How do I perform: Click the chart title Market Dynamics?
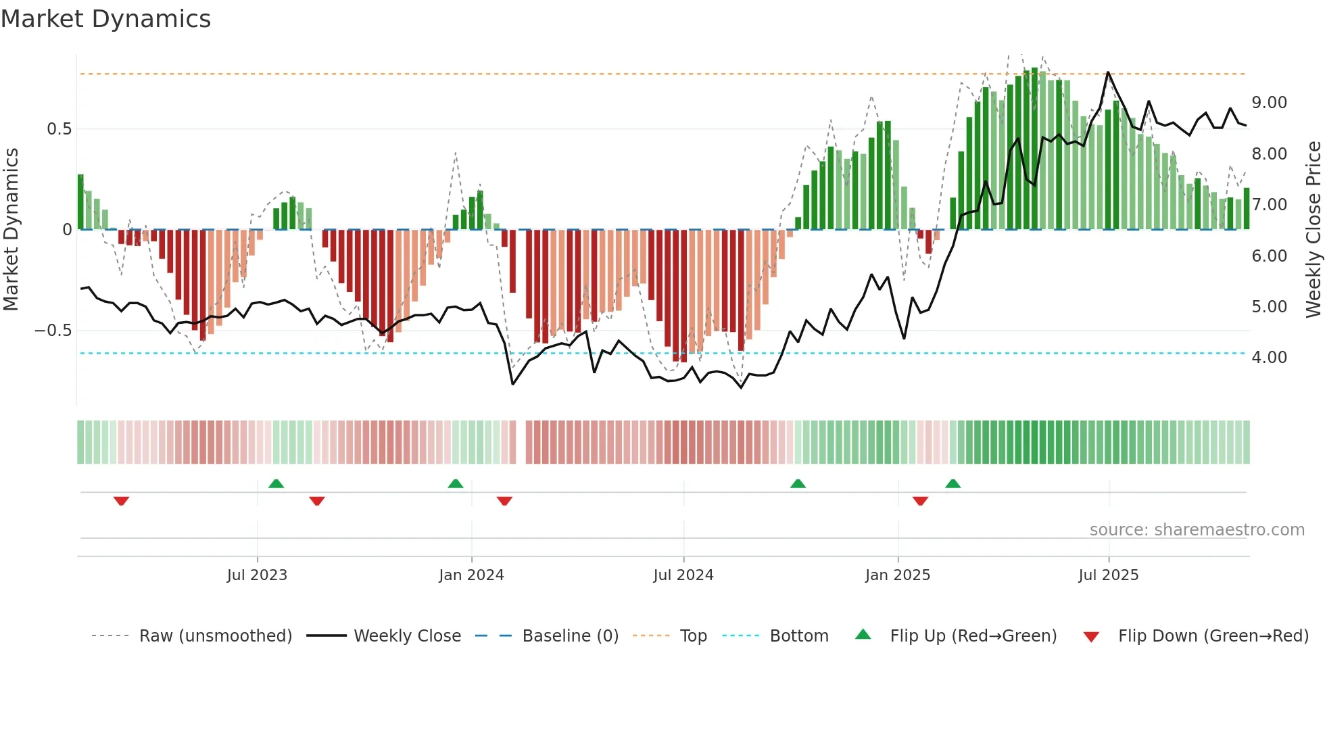pyautogui.click(x=106, y=19)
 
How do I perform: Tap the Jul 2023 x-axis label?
pyautogui.click(x=257, y=575)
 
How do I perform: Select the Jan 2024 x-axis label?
pyautogui.click(x=471, y=575)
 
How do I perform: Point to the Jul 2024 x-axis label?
pyautogui.click(x=683, y=575)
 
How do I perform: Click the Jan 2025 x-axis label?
pyautogui.click(x=898, y=575)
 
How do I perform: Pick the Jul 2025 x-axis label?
pyautogui.click(x=1109, y=575)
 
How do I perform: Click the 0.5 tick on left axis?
pyautogui.click(x=59, y=129)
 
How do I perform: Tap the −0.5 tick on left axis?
pyautogui.click(x=53, y=331)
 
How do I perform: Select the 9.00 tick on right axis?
pyautogui.click(x=1269, y=103)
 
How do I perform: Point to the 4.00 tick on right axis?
pyautogui.click(x=1269, y=358)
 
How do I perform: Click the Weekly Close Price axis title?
pyautogui.click(x=1313, y=230)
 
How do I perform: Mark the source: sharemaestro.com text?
pyautogui.click(x=1197, y=530)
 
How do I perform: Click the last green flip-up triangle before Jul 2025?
pyautogui.click(x=953, y=483)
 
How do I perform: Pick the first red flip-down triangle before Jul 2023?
pyautogui.click(x=121, y=501)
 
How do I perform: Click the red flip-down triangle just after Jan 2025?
pyautogui.click(x=920, y=501)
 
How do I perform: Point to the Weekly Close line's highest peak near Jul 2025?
pyautogui.click(x=1108, y=72)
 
